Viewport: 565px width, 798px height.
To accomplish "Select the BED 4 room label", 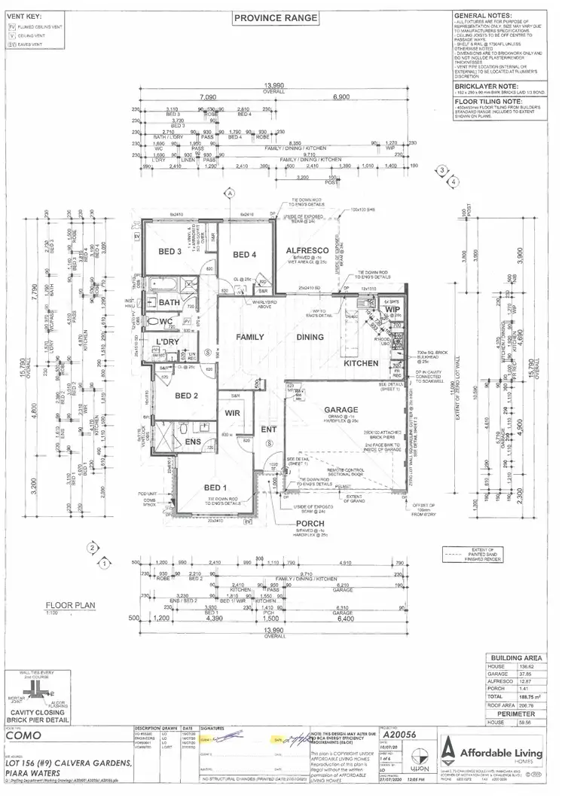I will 246,255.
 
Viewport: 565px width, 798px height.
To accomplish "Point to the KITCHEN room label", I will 360,363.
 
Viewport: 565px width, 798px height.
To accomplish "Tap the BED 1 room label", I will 197,488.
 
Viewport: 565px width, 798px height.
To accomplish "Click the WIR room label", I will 232,413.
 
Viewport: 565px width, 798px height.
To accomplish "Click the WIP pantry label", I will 392,309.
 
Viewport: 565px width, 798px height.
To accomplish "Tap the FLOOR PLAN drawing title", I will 69,604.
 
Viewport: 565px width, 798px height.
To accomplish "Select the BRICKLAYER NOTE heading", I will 484,87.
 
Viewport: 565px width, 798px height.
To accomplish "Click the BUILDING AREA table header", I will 516,658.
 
